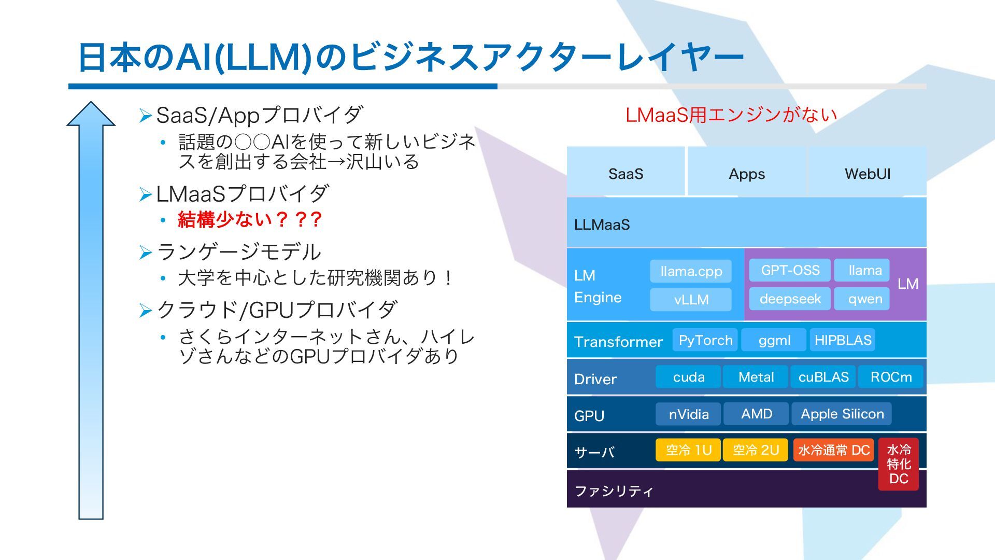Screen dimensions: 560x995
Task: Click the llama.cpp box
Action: click(x=691, y=271)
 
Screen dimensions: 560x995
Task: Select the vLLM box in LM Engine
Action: click(x=691, y=300)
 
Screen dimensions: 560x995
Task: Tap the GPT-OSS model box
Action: click(x=790, y=270)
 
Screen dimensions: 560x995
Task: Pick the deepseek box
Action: click(x=790, y=299)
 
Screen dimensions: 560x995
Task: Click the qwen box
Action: click(x=864, y=299)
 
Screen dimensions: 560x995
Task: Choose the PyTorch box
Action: click(x=705, y=340)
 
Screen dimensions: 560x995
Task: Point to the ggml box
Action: click(x=774, y=340)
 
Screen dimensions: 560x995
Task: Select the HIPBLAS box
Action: click(x=843, y=340)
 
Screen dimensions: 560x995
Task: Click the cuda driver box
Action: click(x=688, y=377)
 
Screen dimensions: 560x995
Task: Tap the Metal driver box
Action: click(x=756, y=377)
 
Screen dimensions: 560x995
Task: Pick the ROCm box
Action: click(x=891, y=377)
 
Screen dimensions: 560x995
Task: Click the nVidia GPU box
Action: click(x=688, y=414)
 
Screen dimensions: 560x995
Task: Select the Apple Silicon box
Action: click(x=842, y=414)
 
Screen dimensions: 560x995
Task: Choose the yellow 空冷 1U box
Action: click(x=688, y=450)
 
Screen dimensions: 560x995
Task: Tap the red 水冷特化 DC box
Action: click(x=899, y=464)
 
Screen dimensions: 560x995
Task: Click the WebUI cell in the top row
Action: click(x=868, y=174)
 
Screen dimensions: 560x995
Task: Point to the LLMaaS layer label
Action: click(x=602, y=225)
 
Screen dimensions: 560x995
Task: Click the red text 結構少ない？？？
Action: click(x=250, y=220)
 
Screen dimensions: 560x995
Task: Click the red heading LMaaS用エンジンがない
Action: click(x=731, y=115)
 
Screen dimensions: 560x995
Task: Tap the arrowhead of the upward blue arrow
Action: click(x=91, y=115)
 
